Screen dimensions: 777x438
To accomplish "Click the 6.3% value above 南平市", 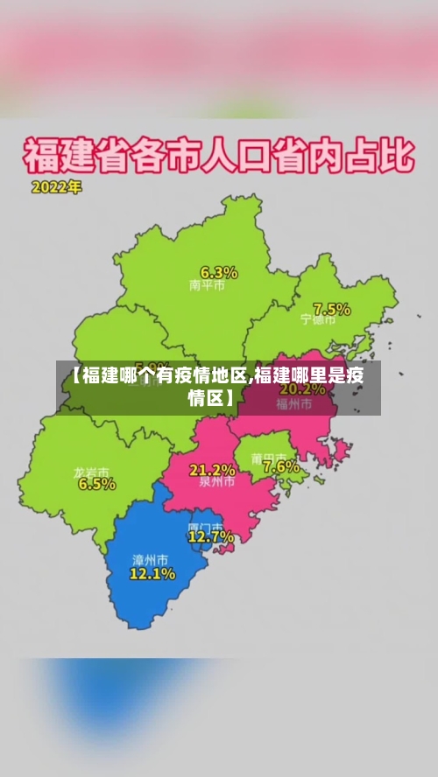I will (219, 271).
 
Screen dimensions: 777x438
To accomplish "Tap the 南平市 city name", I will (207, 285).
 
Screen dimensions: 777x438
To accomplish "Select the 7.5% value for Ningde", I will (332, 309).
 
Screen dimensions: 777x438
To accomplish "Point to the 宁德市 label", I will (318, 320).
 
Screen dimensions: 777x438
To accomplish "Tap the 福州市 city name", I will (294, 403).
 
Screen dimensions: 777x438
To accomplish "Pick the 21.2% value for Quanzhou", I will (213, 469).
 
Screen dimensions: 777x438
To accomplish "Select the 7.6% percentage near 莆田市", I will (280, 467).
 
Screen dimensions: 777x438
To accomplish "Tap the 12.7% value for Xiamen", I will (211, 536).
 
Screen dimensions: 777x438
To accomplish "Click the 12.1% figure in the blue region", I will (152, 574).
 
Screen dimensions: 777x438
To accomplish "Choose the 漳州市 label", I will (150, 560).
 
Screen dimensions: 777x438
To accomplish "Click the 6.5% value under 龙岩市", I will (96, 484).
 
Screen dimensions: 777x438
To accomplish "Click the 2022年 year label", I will (57, 187).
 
